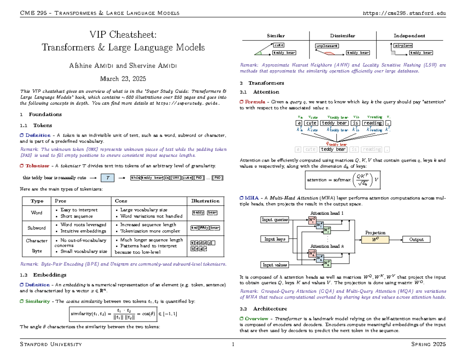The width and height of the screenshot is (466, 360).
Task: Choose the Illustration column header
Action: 205,201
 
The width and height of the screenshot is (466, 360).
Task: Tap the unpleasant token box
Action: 327,45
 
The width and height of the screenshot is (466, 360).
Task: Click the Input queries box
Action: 275,220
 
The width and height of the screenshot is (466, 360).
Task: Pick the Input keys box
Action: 275,239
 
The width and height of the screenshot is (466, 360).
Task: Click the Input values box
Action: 275,265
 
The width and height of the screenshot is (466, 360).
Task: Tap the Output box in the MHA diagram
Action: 416,239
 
